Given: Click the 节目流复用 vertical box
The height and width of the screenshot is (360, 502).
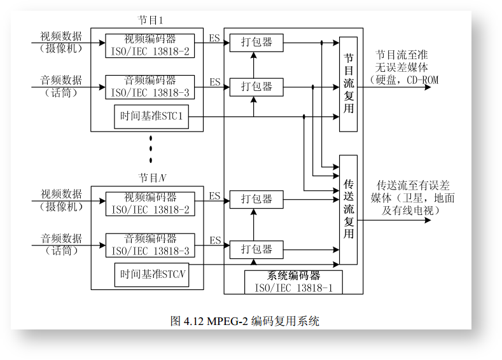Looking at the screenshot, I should (348, 84).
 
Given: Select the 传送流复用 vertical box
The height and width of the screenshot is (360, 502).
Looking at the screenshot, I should (348, 209).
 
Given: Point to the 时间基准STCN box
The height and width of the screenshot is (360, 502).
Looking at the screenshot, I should (151, 275).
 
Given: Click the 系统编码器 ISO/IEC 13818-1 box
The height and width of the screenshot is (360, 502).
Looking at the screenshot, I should (293, 282).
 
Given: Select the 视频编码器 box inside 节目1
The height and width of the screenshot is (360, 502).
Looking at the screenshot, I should (150, 45).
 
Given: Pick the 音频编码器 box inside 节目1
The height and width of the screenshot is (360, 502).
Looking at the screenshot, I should (150, 87).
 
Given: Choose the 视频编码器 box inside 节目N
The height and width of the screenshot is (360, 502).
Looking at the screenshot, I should (150, 203).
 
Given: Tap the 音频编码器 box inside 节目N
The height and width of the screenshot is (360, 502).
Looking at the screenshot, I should (150, 245).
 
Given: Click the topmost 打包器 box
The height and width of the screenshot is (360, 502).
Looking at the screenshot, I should (256, 43).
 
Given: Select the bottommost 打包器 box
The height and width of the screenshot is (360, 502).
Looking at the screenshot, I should (256, 249).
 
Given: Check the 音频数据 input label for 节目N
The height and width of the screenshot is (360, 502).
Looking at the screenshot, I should (62, 239).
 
